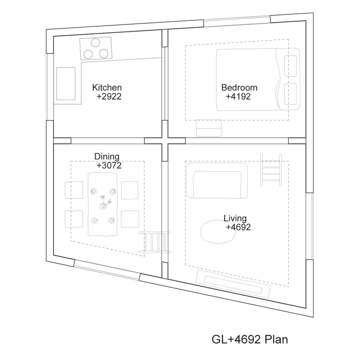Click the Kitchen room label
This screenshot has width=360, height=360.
click(107, 88)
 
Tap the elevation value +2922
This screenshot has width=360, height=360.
click(109, 96)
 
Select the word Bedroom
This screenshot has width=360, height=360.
click(239, 88)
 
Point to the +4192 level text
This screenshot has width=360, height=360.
click(238, 96)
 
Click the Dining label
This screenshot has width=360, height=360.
click(107, 157)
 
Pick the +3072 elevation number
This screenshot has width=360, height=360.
click(109, 165)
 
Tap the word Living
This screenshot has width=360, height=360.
click(235, 218)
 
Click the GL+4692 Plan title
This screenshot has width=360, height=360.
click(250, 339)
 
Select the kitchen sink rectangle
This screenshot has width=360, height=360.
click(66, 84)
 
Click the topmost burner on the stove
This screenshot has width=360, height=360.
click(95, 43)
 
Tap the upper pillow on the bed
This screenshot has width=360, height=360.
click(290, 66)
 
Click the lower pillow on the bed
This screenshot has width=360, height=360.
click(290, 94)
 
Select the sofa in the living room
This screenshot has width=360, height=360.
click(217, 181)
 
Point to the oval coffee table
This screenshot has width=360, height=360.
click(218, 232)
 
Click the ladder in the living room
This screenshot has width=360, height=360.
click(271, 170)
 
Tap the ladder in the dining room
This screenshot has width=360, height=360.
click(154, 243)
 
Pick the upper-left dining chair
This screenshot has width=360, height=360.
click(74, 190)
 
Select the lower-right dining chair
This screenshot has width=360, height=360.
click(130, 219)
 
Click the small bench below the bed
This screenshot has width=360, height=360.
click(209, 128)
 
